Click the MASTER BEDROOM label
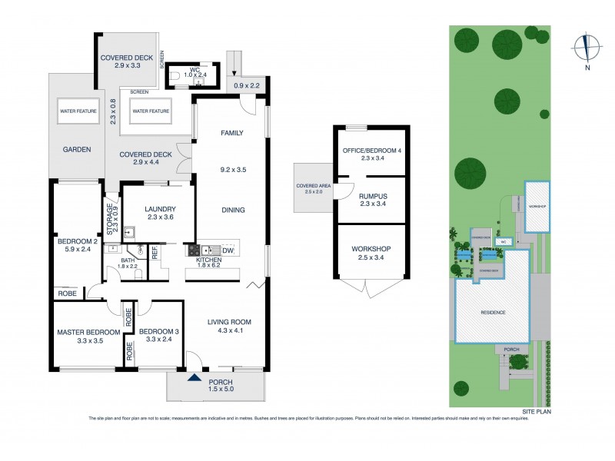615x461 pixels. click(88, 332)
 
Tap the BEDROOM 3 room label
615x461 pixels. click(158, 332)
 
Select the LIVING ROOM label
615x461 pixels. click(228, 321)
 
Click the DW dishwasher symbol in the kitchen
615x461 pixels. click(228, 250)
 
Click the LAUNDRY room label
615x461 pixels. click(161, 209)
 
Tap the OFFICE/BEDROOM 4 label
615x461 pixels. click(372, 151)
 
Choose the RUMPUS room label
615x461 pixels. click(372, 197)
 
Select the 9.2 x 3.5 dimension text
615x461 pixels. click(232, 169)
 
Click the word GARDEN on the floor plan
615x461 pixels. click(77, 150)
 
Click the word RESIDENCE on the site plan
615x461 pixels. click(493, 313)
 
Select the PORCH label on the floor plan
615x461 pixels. click(216, 382)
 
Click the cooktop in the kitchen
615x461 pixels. click(192, 250)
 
